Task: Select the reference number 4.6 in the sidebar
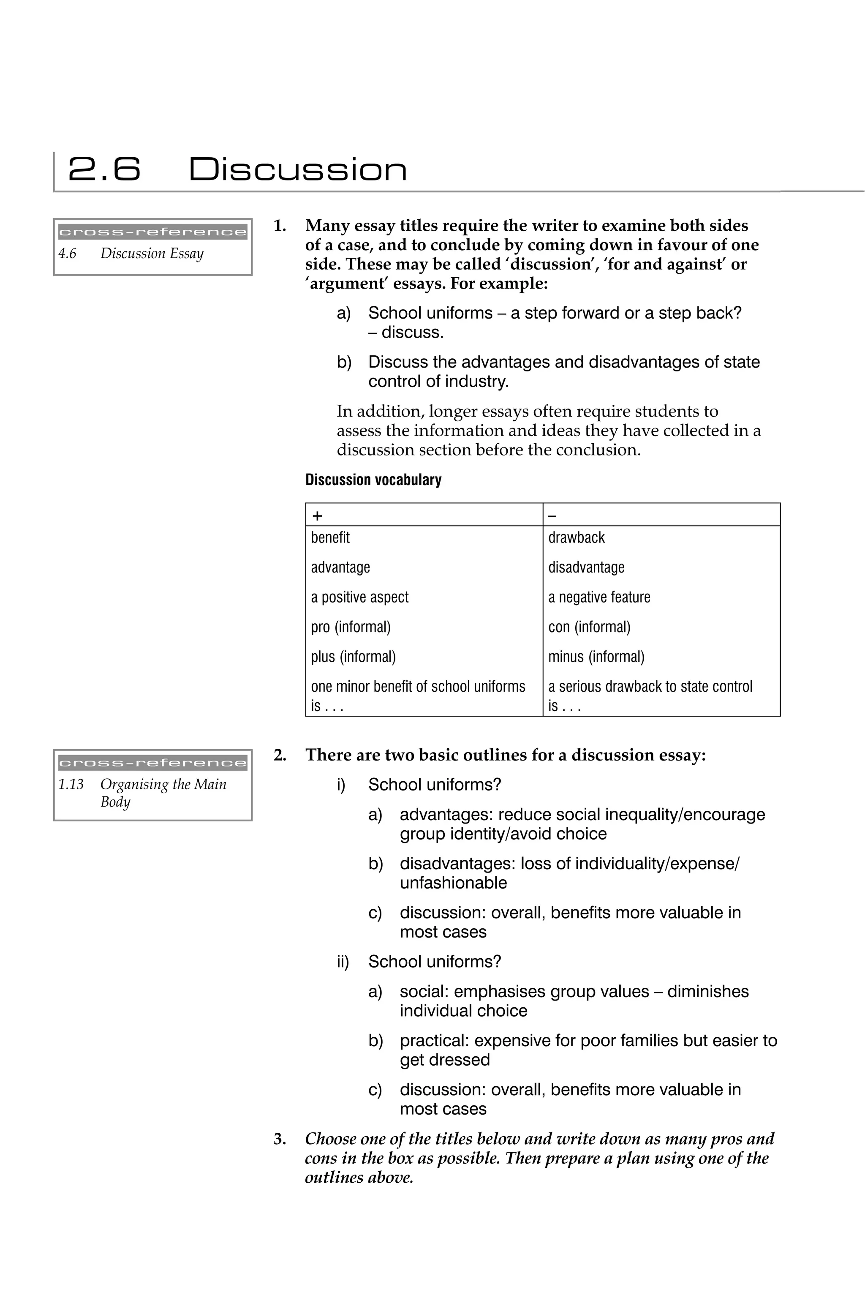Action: tap(67, 254)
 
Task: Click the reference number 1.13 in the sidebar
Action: tap(71, 784)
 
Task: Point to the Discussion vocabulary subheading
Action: tap(373, 480)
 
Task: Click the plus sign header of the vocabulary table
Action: tap(317, 516)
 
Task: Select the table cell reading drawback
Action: tap(576, 537)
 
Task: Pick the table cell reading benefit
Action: tap(330, 537)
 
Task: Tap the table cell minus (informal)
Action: tap(596, 657)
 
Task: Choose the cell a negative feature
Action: tap(598, 597)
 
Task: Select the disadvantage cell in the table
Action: tap(586, 567)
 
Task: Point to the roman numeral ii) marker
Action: tap(343, 962)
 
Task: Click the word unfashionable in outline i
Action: tap(453, 883)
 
